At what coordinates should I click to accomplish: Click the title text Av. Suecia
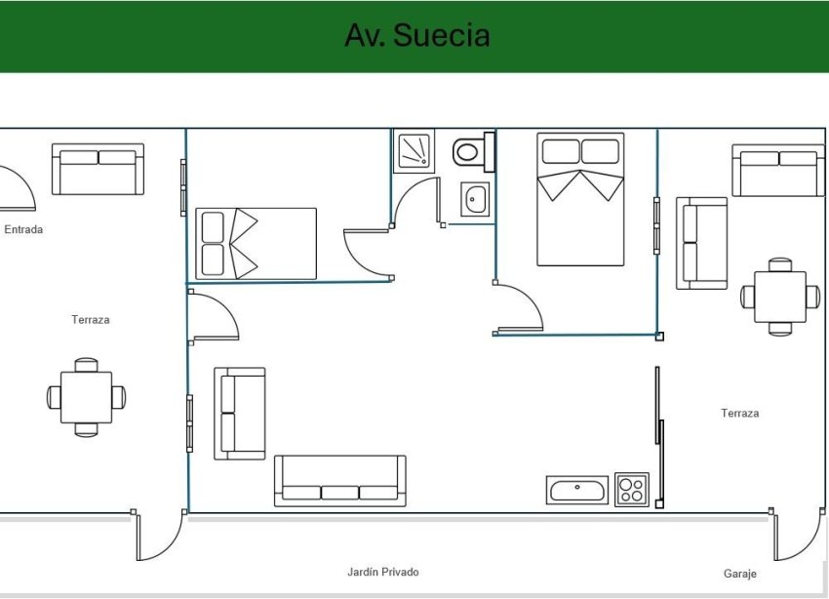pyautogui.click(x=416, y=35)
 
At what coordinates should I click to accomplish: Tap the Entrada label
pyautogui.click(x=23, y=230)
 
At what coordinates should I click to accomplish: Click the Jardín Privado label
pyautogui.click(x=382, y=572)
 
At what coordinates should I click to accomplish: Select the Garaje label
pyautogui.click(x=739, y=574)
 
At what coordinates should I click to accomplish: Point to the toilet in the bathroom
pyautogui.click(x=469, y=151)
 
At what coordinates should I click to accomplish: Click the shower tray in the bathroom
pyautogui.click(x=414, y=151)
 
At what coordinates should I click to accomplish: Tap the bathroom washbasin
pyautogui.click(x=475, y=199)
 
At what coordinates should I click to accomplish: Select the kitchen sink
pyautogui.click(x=577, y=489)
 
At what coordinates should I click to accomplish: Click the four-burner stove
pyautogui.click(x=632, y=489)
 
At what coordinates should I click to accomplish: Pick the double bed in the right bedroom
pyautogui.click(x=580, y=199)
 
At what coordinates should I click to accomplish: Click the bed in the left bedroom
pyautogui.click(x=257, y=243)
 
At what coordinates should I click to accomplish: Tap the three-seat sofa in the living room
pyautogui.click(x=339, y=480)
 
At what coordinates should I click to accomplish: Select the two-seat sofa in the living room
pyautogui.click(x=240, y=414)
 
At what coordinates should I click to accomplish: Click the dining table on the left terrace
pyautogui.click(x=86, y=397)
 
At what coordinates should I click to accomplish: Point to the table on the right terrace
pyautogui.click(x=780, y=297)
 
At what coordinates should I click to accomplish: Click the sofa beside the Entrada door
pyautogui.click(x=98, y=170)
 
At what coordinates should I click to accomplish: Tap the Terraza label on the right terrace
pyautogui.click(x=739, y=414)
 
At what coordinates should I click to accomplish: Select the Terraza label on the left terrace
pyautogui.click(x=90, y=320)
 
